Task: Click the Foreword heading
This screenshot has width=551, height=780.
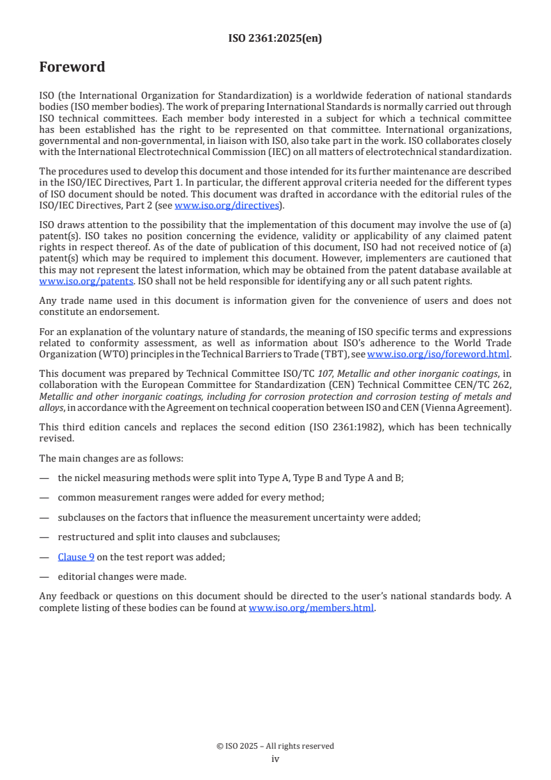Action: (72, 67)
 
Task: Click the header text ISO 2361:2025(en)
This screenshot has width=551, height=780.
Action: (275, 39)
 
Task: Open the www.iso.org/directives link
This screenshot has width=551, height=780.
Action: (227, 205)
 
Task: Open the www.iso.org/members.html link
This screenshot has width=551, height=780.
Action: (311, 607)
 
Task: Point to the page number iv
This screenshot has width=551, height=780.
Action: (275, 758)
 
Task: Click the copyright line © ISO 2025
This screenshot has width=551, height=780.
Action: (275, 746)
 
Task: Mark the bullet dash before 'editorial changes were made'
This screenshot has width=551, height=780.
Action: (44, 576)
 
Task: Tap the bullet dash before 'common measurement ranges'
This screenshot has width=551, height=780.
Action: (44, 497)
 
